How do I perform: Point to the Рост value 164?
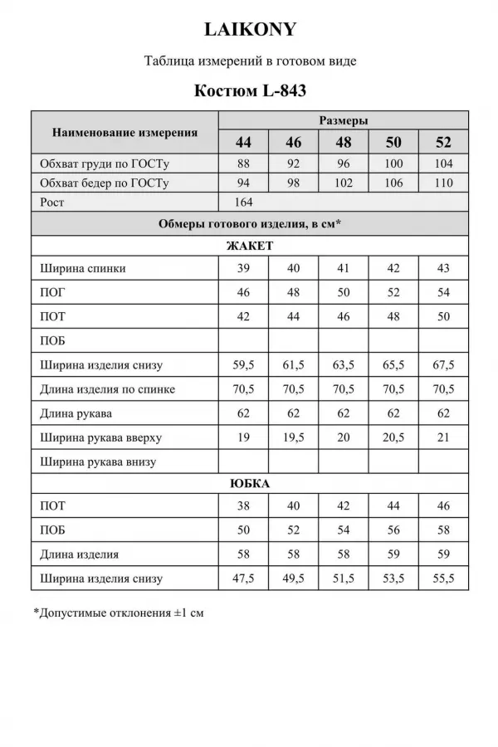(243, 202)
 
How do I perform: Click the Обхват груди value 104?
(443, 163)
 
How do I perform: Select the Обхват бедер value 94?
(243, 183)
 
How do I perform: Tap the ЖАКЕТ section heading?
(250, 247)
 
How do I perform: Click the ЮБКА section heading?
(250, 483)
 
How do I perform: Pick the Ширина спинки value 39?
(243, 269)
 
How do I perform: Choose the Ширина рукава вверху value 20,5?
(393, 437)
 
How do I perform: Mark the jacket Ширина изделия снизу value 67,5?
(443, 365)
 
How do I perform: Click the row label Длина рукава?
(76, 413)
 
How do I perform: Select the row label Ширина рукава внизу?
(98, 461)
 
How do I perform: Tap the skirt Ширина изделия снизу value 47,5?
(243, 579)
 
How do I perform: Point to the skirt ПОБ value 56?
(393, 530)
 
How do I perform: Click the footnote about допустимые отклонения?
(118, 614)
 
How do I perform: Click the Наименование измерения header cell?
(124, 131)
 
